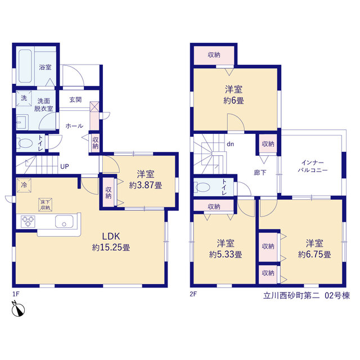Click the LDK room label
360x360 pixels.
pos(111,236)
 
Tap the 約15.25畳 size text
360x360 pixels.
pos(111,247)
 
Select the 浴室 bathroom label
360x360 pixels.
pos(45,67)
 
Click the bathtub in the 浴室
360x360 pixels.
pos(25,66)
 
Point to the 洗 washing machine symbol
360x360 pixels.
pos(24,98)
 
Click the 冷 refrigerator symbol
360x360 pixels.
pos(24,185)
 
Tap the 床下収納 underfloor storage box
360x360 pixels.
pos(45,205)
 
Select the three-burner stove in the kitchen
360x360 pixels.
pos(28,221)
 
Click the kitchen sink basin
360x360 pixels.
pos(64,221)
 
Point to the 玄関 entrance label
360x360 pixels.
pos(75,100)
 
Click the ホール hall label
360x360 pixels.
pos(74,126)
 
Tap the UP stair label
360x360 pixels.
pos(65,166)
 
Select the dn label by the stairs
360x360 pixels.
pos(230,144)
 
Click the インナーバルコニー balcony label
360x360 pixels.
pos(313,166)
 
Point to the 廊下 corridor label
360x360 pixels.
pos(260,173)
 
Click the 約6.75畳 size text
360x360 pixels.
pos(314,254)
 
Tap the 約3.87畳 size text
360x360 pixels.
pos(146,185)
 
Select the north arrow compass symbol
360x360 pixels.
pos(18,309)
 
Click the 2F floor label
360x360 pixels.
pos(193,294)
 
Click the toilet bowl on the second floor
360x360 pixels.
pos(202,187)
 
